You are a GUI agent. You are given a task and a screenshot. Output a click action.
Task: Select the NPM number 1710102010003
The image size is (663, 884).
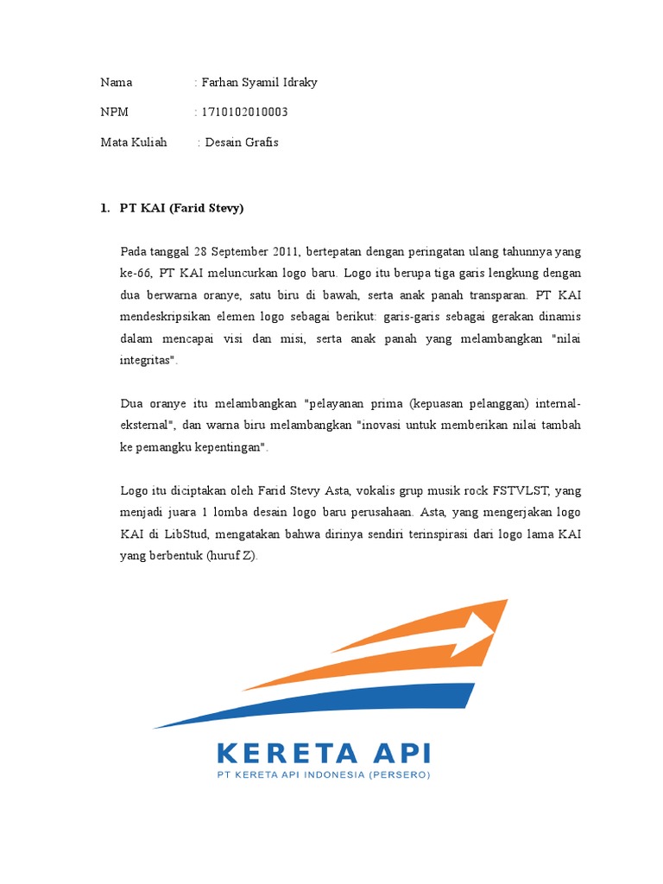click(x=244, y=112)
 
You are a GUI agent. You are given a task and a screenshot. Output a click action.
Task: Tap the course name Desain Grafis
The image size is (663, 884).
click(x=241, y=142)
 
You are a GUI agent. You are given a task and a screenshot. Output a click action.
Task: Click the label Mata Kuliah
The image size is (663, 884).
click(x=134, y=142)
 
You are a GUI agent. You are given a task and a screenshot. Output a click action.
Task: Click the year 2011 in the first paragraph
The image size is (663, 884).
click(x=286, y=251)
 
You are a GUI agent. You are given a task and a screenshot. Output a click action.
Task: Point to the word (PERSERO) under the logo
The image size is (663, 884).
click(x=399, y=775)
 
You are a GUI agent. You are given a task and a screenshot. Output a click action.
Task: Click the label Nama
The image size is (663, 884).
click(x=117, y=83)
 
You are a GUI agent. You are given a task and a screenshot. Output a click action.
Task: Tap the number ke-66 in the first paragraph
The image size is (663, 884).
click(x=135, y=273)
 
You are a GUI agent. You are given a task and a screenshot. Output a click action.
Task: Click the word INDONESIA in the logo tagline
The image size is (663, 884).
click(x=334, y=775)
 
